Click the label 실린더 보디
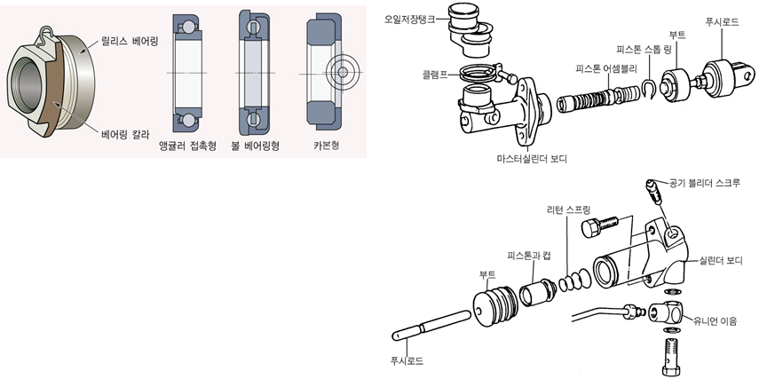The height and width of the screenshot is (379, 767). pos(720,260)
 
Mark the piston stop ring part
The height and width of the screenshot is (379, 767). pos(651,86)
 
